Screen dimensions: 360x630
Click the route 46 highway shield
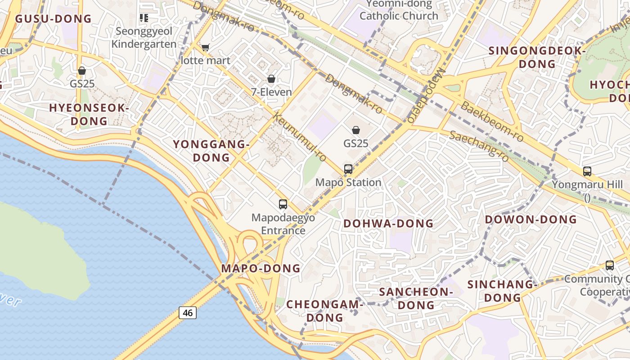coord(188,312)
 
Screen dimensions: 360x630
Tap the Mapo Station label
coord(348,182)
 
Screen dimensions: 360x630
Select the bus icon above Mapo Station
coord(348,169)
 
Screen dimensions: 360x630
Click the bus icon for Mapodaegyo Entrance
coord(283,204)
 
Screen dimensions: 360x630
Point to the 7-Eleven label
coord(271,92)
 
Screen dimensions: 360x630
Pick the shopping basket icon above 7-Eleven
coord(271,79)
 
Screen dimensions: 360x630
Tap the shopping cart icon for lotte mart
coord(205,48)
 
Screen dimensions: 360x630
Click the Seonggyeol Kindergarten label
coord(144,38)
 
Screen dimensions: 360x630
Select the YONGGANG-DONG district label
coord(211,151)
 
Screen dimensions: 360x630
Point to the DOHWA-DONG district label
coord(388,223)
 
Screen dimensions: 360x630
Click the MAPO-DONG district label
coord(261,268)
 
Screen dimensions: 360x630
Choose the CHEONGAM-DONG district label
coord(324,311)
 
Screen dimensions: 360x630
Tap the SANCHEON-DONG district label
coord(416,298)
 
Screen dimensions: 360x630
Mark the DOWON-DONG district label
coord(531,219)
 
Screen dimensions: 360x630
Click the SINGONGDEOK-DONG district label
coord(536,57)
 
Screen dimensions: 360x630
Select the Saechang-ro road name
coord(479,146)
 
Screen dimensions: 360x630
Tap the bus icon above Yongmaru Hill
coord(587,171)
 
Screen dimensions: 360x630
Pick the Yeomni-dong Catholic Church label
coord(399,10)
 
